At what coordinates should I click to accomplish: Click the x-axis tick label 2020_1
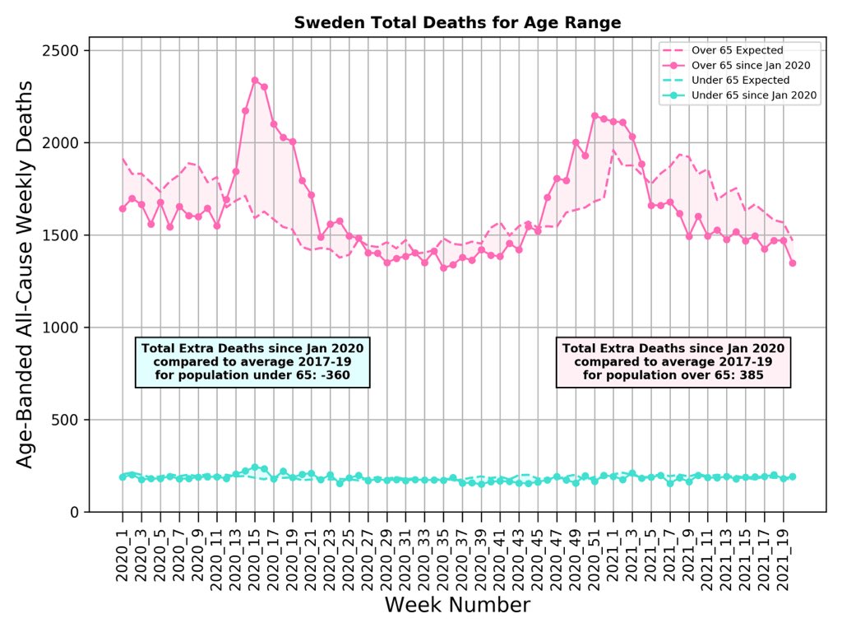coord(123,554)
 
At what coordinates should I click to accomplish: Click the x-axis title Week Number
coord(457,606)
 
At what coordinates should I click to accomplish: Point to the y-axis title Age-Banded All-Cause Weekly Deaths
coord(25,274)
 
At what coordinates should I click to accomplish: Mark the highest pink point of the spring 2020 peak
coord(255,81)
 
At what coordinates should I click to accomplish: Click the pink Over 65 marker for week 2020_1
coord(123,209)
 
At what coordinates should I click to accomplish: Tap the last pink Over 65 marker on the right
coord(793,263)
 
